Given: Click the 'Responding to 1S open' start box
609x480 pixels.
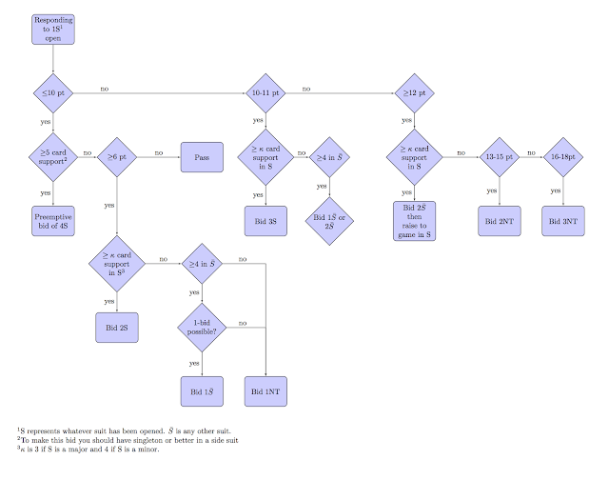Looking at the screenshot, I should (53, 29).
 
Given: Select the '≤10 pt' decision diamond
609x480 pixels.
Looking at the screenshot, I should (53, 94).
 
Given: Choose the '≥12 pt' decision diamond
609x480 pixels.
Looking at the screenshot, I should (415, 94).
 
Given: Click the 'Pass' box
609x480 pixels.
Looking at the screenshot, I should (202, 156).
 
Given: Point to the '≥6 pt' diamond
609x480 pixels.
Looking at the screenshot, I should (117, 156).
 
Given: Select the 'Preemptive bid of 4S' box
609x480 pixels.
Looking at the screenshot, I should (53, 220).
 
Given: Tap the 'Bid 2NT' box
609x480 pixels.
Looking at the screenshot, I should (500, 220).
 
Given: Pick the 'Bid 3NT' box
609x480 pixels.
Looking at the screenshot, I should (563, 220).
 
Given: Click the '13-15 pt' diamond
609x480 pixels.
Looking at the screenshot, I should (500, 156).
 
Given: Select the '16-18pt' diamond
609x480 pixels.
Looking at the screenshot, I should (563, 156).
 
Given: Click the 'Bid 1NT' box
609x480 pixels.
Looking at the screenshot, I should (265, 391).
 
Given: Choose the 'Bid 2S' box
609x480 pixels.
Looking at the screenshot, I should (117, 327).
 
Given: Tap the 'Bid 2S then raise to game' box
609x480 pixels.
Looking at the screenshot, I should (415, 221).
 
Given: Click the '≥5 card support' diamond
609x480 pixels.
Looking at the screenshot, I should (53, 156).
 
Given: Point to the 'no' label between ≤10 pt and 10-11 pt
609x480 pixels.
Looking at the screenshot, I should (105, 89).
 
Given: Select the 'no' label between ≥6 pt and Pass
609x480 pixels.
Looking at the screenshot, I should (158, 151).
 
